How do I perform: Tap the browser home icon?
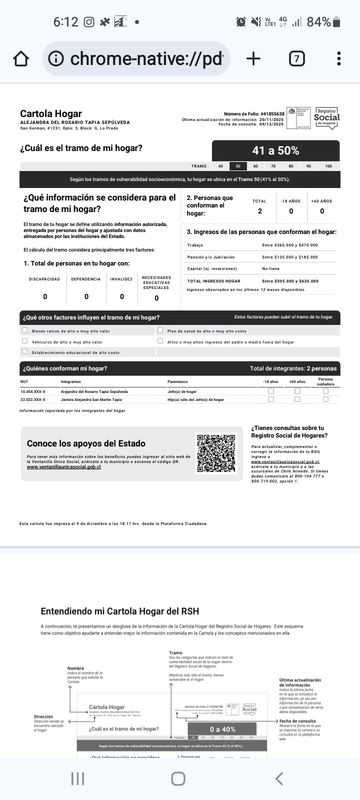[x=20, y=59]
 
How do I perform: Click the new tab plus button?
[x=253, y=59]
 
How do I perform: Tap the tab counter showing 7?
[x=296, y=59]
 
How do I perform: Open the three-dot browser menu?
[x=339, y=59]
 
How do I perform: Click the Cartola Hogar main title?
[x=51, y=113]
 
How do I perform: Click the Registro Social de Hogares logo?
[x=326, y=118]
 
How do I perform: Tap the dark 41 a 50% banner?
[x=275, y=150]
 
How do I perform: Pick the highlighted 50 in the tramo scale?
[x=238, y=166]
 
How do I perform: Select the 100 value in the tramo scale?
[x=328, y=166]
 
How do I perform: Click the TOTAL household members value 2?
[x=259, y=211]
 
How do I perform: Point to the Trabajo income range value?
[x=290, y=245]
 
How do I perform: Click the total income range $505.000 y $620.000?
[x=290, y=281]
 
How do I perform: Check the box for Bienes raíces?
[x=24, y=330]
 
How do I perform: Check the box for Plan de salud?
[x=160, y=330]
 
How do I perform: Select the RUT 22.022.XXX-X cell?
[x=33, y=399]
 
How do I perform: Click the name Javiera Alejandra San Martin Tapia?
[x=91, y=399]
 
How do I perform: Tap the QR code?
[x=216, y=453]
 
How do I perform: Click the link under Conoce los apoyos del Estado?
[x=64, y=467]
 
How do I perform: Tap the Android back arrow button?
[x=279, y=778]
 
